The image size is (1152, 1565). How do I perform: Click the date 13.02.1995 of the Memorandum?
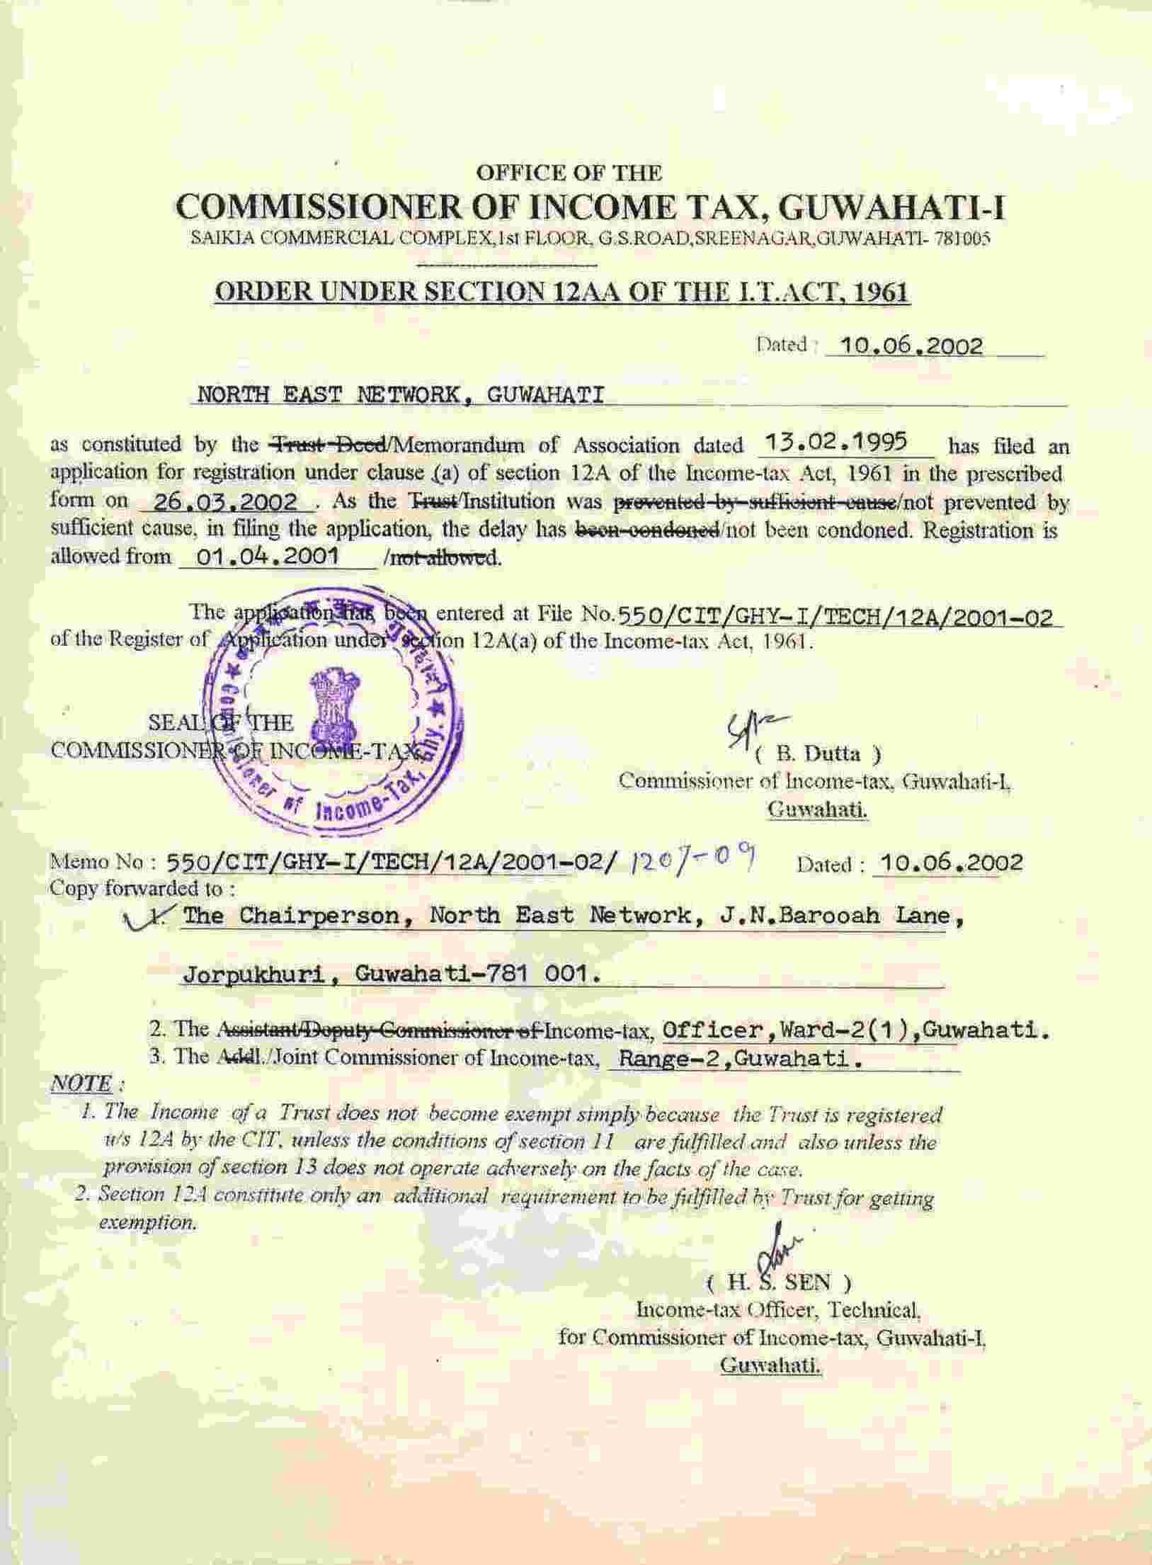coord(838,443)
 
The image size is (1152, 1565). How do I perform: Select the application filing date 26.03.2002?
coord(226,502)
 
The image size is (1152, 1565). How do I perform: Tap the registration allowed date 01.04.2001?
coord(267,556)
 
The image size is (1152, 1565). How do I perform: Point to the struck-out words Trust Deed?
coord(329,445)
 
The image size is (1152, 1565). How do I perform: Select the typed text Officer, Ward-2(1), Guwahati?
coord(855,1031)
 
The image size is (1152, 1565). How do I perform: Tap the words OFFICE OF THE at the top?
coord(569,172)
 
